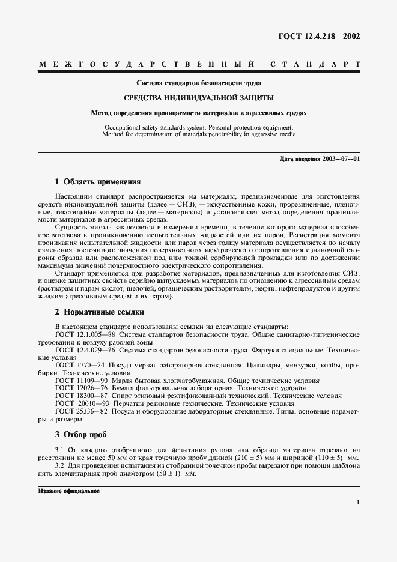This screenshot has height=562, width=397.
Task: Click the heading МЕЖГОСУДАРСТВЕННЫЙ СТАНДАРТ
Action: tap(198, 64)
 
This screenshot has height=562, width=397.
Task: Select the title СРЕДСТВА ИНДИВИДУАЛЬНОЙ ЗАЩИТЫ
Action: tap(198, 97)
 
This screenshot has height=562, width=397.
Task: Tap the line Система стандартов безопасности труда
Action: tap(198, 82)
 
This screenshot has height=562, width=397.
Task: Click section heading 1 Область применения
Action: tap(97, 181)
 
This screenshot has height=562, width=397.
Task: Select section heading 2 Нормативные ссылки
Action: tap(99, 312)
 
